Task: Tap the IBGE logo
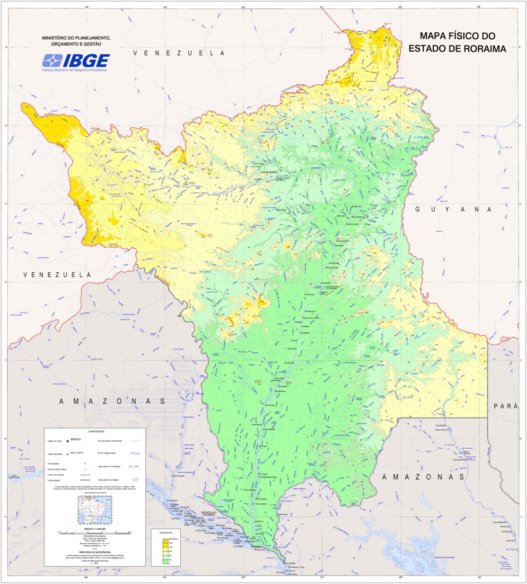click(x=76, y=61)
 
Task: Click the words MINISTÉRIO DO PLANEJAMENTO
click(x=76, y=38)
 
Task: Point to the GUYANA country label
click(x=454, y=209)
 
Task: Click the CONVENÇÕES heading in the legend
click(x=95, y=431)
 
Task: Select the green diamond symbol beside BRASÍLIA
click(x=68, y=440)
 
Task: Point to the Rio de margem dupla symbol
click(x=135, y=453)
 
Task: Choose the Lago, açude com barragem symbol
click(x=135, y=466)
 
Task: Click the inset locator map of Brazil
click(x=95, y=511)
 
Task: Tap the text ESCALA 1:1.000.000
click(x=95, y=529)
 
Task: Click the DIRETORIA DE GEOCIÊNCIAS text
click(x=95, y=552)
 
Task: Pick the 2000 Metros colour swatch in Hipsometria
click(x=165, y=540)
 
